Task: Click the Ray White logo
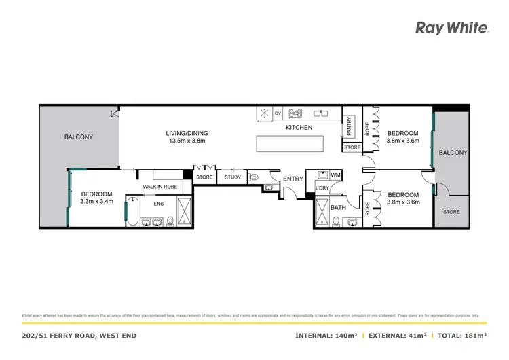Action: [451, 28]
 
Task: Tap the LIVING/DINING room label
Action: [187, 133]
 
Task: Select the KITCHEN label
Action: [299, 128]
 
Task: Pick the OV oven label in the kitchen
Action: [278, 113]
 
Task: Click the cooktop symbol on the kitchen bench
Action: [296, 113]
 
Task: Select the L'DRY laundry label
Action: [322, 188]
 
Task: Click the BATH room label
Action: [338, 207]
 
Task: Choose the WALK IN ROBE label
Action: [159, 186]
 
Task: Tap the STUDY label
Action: [233, 177]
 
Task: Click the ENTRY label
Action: [293, 179]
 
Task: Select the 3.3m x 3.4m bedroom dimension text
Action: [96, 201]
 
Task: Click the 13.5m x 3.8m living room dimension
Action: [187, 141]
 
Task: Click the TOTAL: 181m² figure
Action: [463, 336]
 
